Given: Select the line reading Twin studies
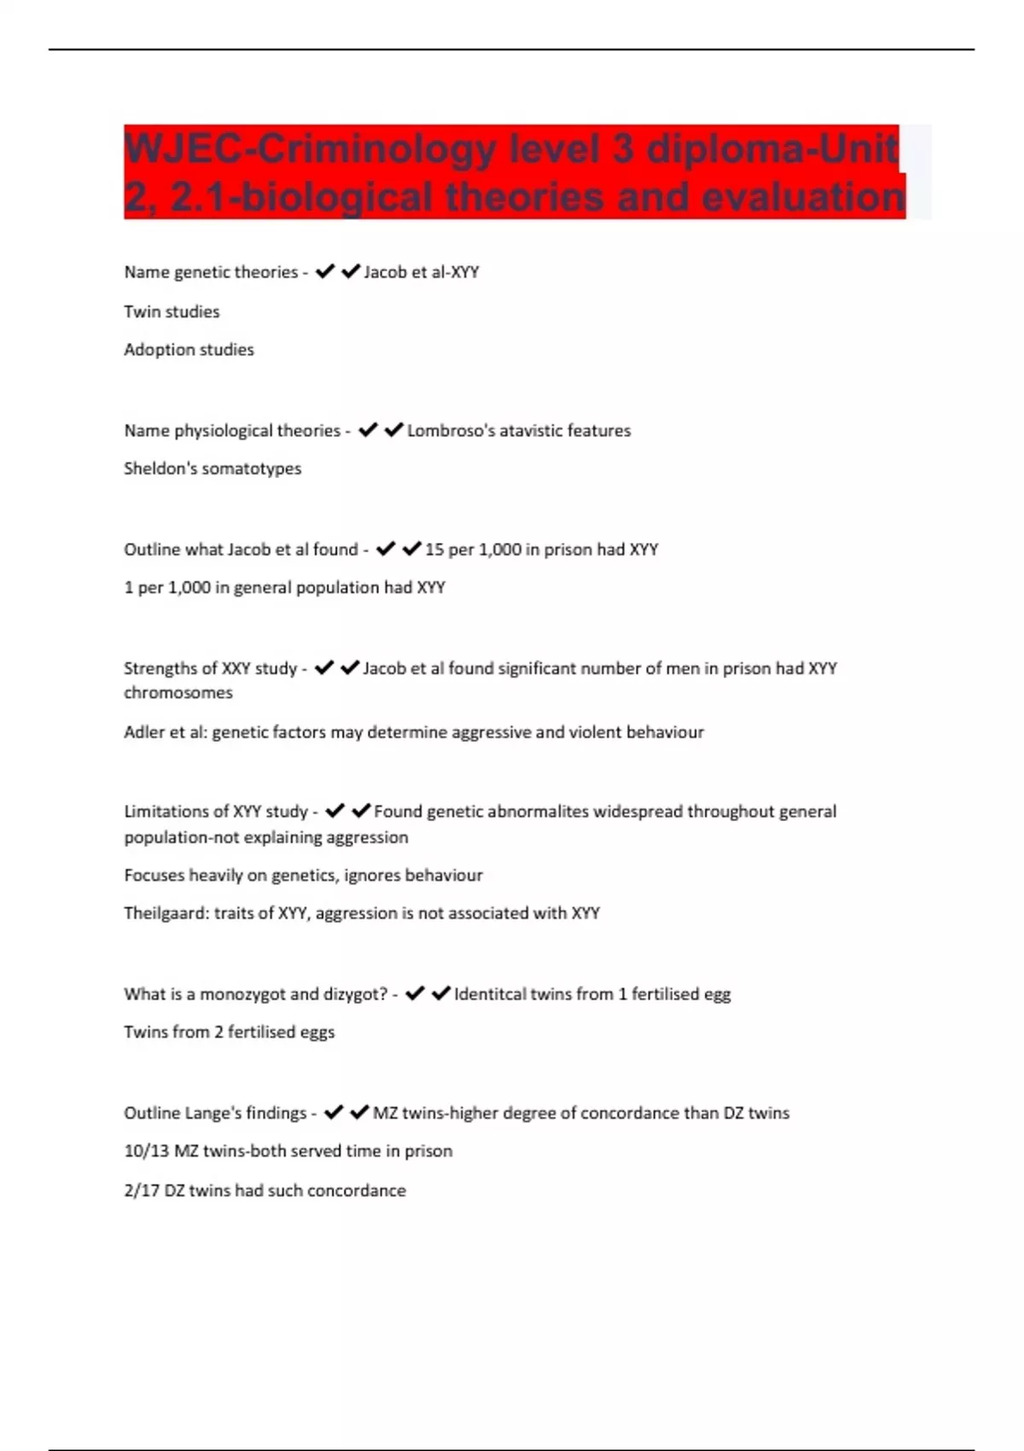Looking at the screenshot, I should point(172,312).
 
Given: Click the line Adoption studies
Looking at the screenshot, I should point(189,349).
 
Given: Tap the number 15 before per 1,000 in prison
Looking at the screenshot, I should point(434,549).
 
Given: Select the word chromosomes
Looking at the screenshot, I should point(177,692).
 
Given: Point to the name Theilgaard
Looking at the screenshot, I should point(166,912).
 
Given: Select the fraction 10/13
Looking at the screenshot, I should point(146,1151).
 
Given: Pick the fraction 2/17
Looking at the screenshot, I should point(142,1190).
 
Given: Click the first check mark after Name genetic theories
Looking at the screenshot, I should point(324,271).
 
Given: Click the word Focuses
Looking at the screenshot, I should point(154,875).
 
